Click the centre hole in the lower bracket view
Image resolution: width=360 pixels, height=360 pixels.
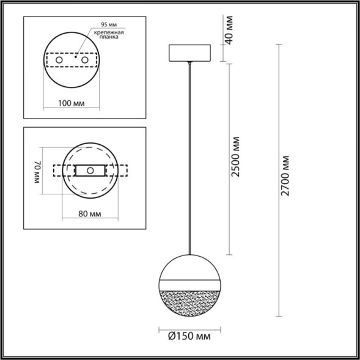[x=90, y=171]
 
